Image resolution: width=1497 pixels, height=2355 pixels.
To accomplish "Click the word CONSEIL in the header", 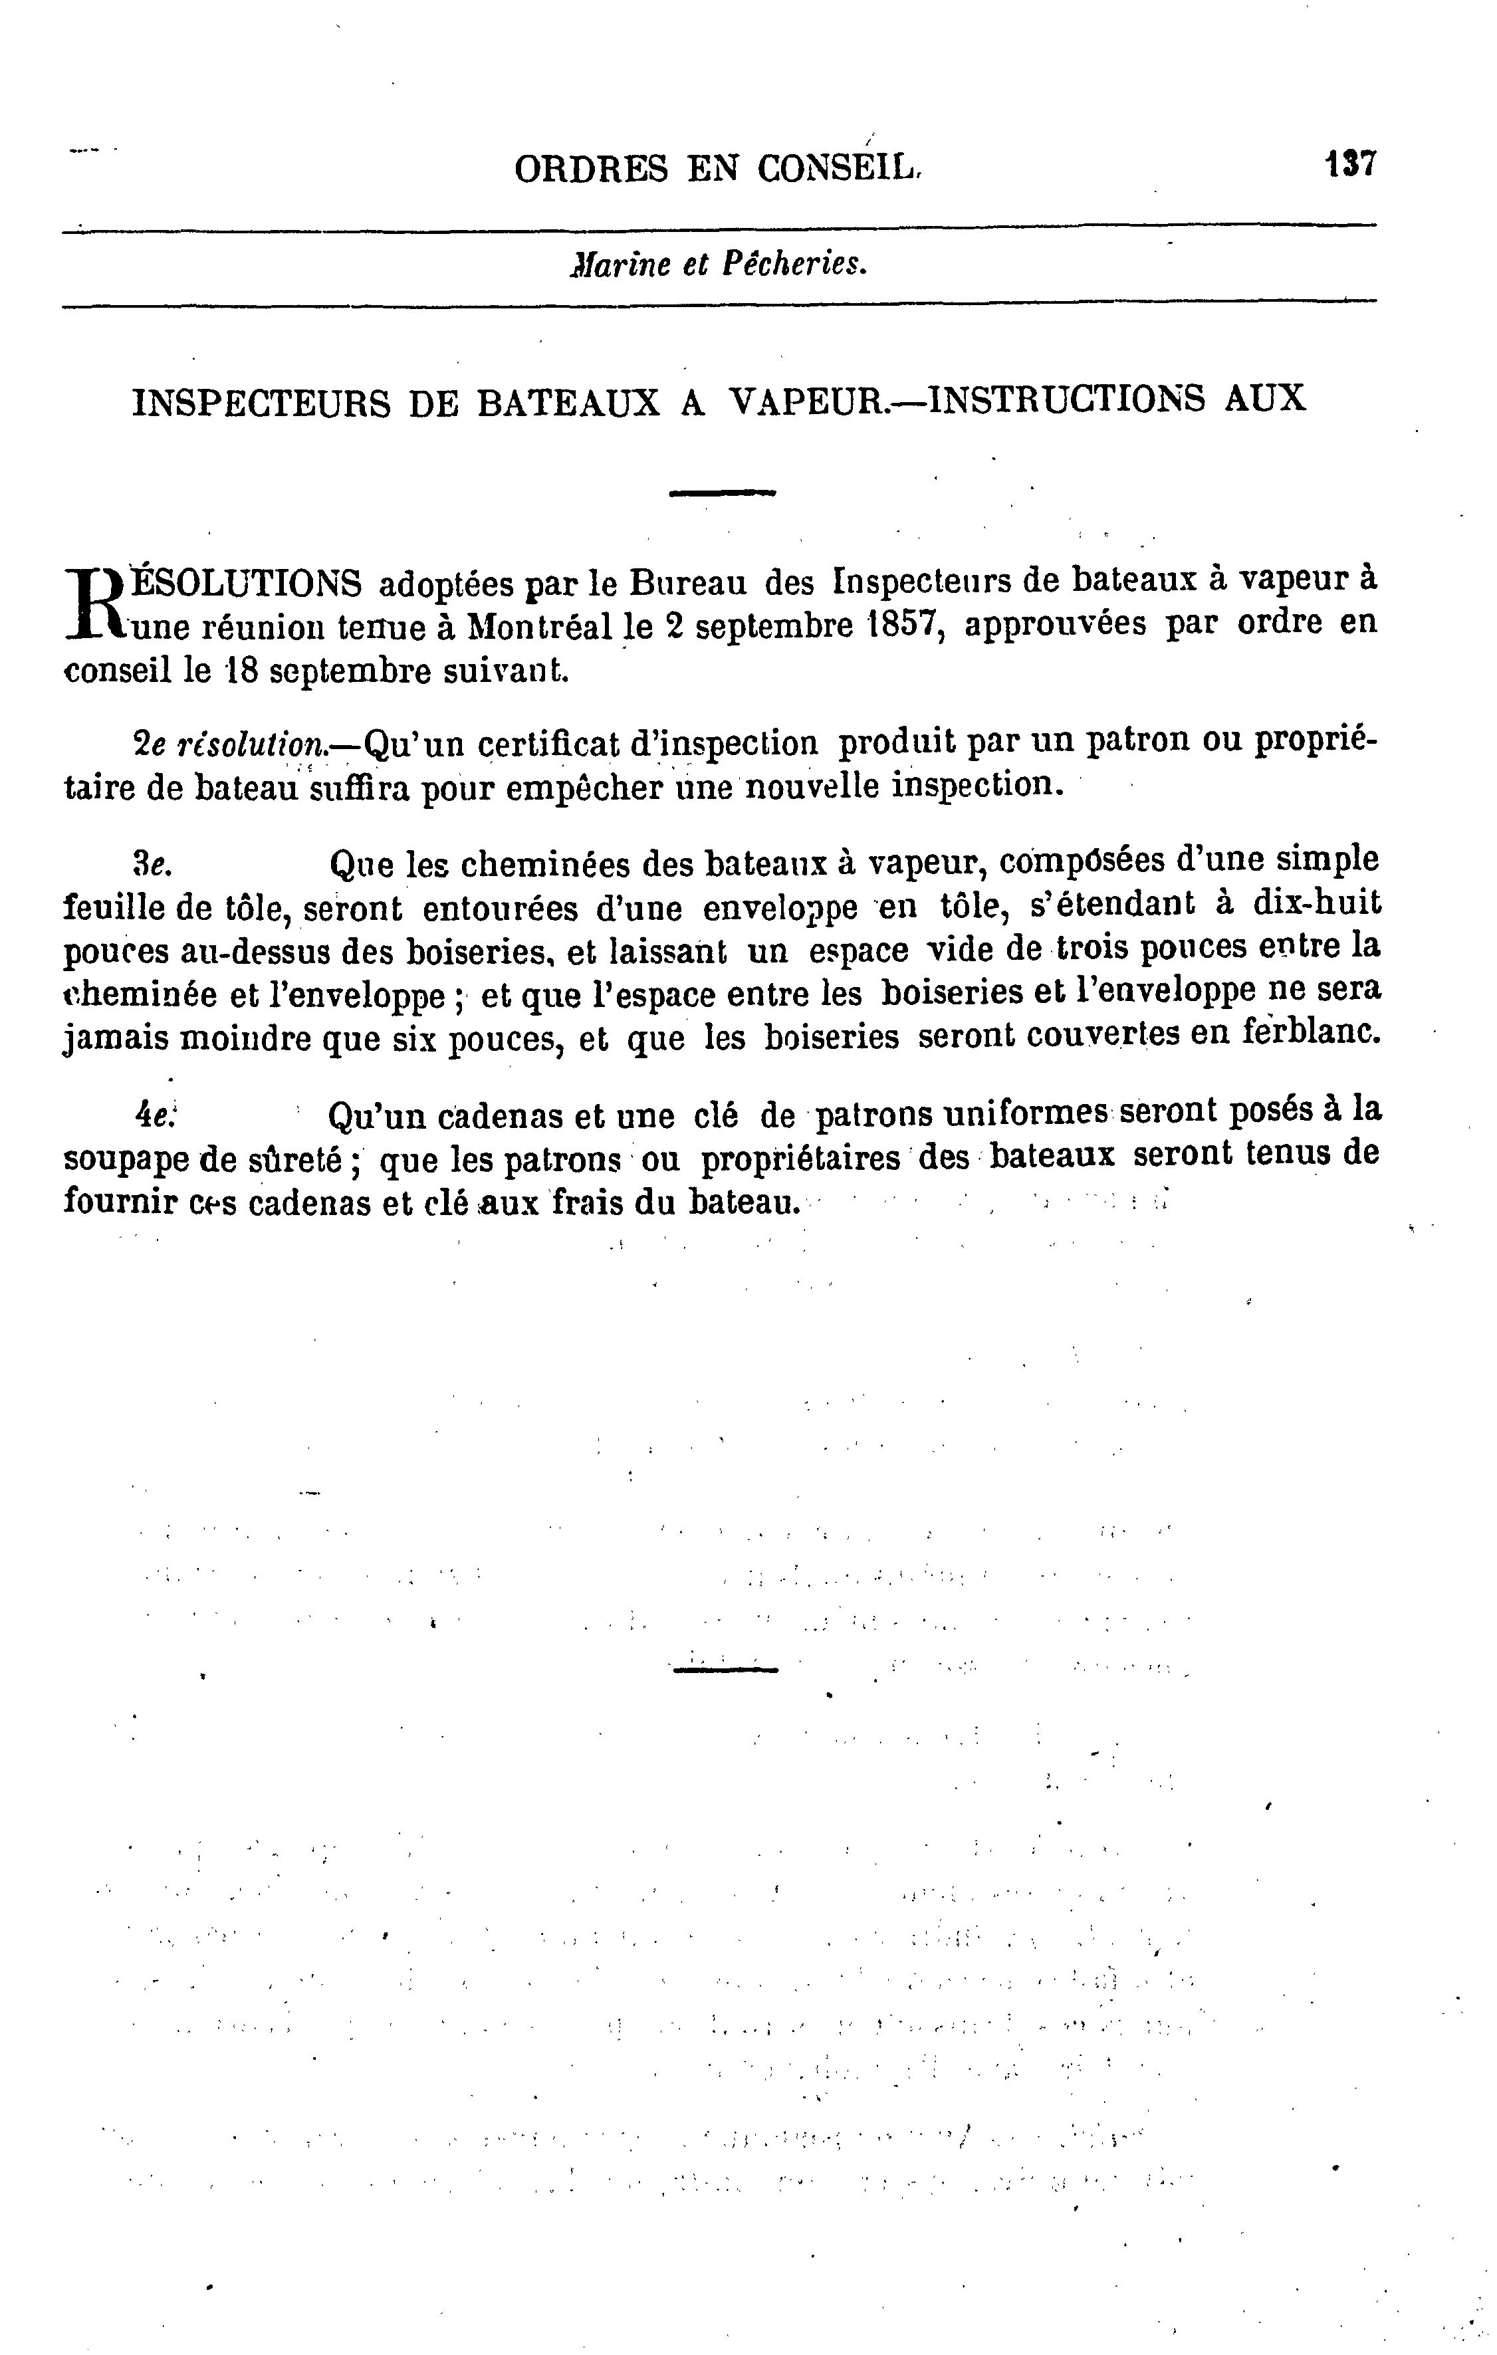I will [x=838, y=170].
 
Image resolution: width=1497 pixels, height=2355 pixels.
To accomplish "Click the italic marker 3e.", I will [x=152, y=863].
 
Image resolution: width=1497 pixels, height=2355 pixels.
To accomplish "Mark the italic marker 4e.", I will [x=154, y=1114].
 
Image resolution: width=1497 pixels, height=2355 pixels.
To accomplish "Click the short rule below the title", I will [x=722, y=493].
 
